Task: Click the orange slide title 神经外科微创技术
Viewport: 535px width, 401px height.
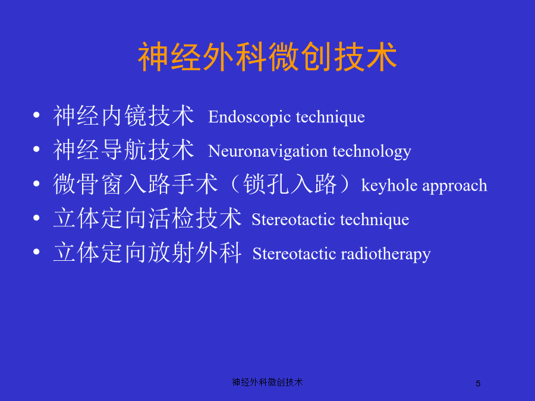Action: pyautogui.click(x=267, y=56)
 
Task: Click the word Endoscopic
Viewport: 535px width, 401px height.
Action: pyautogui.click(x=250, y=118)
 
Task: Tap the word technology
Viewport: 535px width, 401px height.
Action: pyautogui.click(x=372, y=151)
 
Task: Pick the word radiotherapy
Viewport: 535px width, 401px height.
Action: pyautogui.click(x=386, y=254)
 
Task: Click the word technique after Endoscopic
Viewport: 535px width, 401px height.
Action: pyautogui.click(x=331, y=118)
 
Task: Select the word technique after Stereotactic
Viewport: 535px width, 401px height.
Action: pyautogui.click(x=374, y=220)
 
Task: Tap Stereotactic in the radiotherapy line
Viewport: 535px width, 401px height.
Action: pyautogui.click(x=294, y=254)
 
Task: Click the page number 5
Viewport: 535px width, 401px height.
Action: pyautogui.click(x=478, y=384)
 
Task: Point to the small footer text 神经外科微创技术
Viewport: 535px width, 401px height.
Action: pyautogui.click(x=267, y=382)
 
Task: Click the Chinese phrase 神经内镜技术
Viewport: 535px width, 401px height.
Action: pyautogui.click(x=124, y=116)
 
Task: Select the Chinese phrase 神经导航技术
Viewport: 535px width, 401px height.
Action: pyautogui.click(x=124, y=150)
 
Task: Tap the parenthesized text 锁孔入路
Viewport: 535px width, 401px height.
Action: pyautogui.click(x=290, y=184)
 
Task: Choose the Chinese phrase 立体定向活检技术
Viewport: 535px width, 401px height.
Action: pyautogui.click(x=147, y=218)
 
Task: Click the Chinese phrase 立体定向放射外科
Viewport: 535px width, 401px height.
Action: pyautogui.click(x=147, y=252)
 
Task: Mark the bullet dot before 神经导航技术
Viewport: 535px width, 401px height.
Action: pyautogui.click(x=36, y=149)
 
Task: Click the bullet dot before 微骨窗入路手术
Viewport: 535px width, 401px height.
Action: pyautogui.click(x=36, y=184)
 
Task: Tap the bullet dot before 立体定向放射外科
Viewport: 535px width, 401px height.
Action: pyautogui.click(x=36, y=252)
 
